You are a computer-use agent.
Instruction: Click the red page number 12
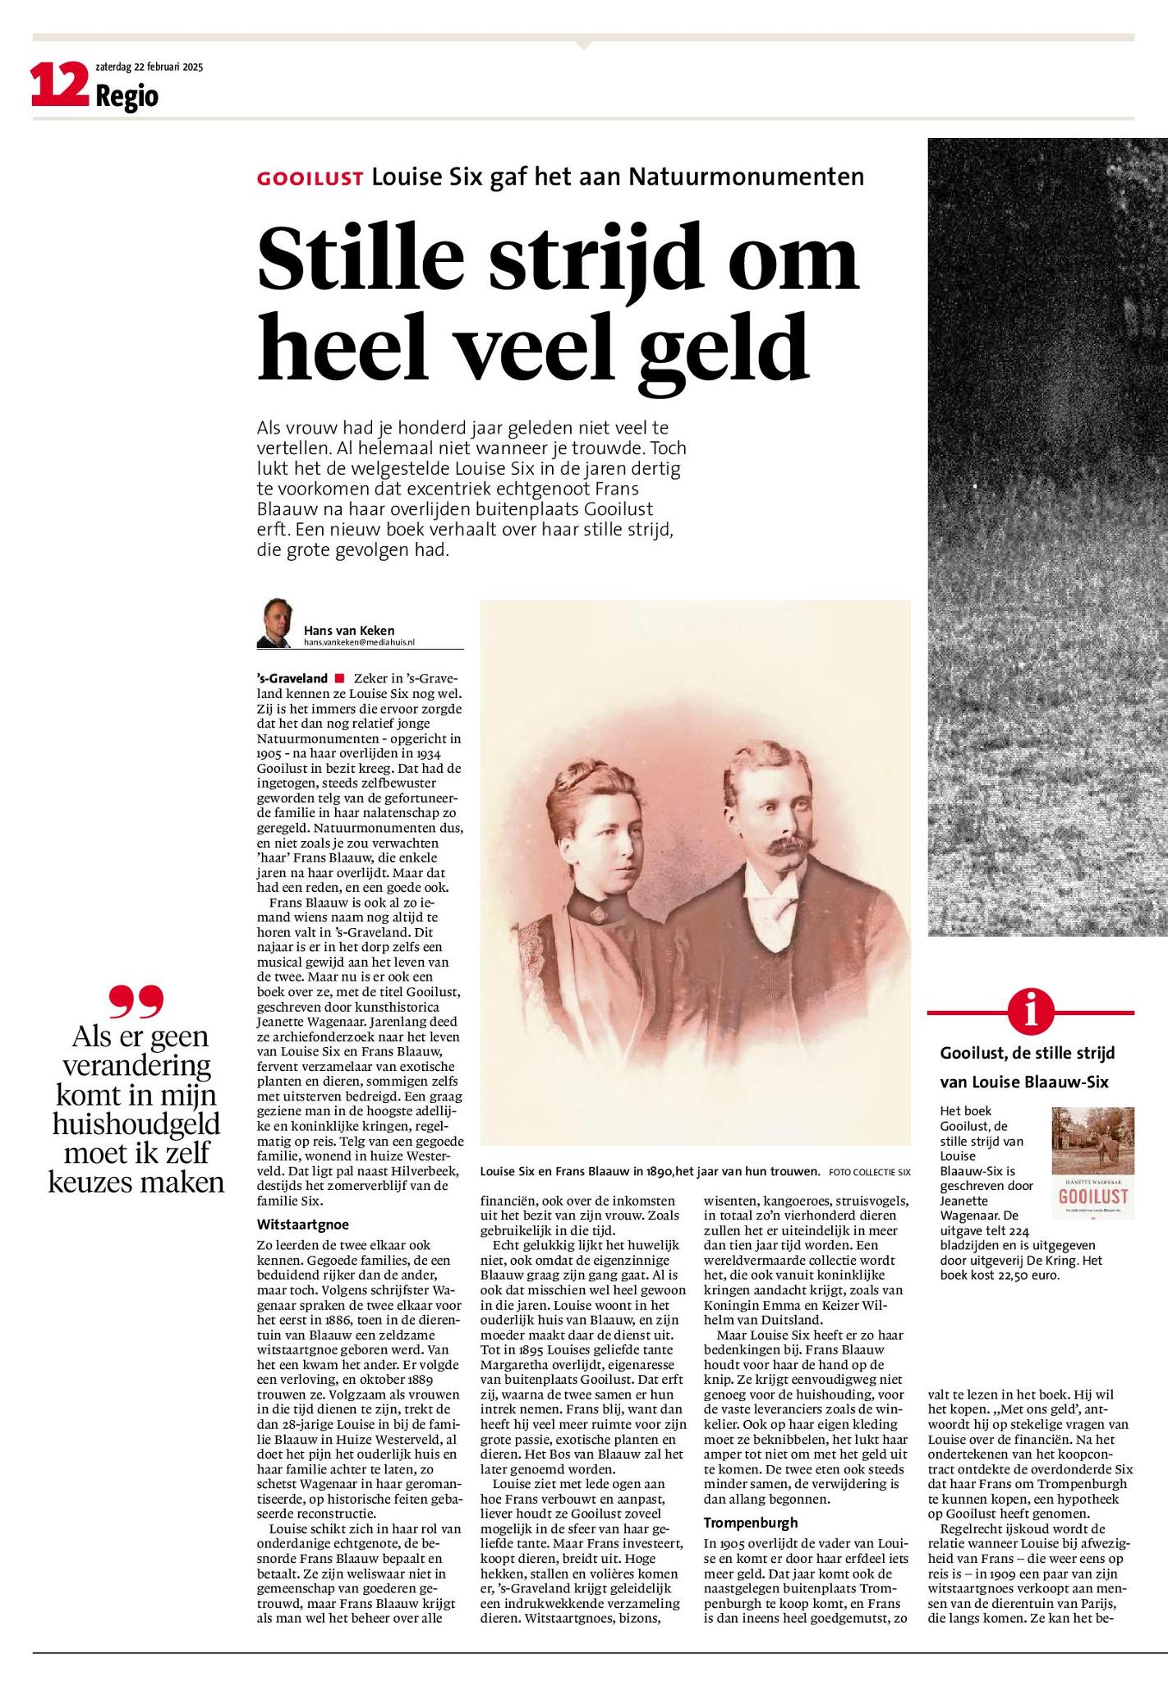(59, 86)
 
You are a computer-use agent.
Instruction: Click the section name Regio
(126, 97)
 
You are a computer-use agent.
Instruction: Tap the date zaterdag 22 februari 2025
(149, 67)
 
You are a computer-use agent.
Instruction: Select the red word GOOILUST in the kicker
(310, 178)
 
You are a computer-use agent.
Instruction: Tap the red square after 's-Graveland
(338, 678)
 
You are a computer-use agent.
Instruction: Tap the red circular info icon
(1030, 1012)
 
